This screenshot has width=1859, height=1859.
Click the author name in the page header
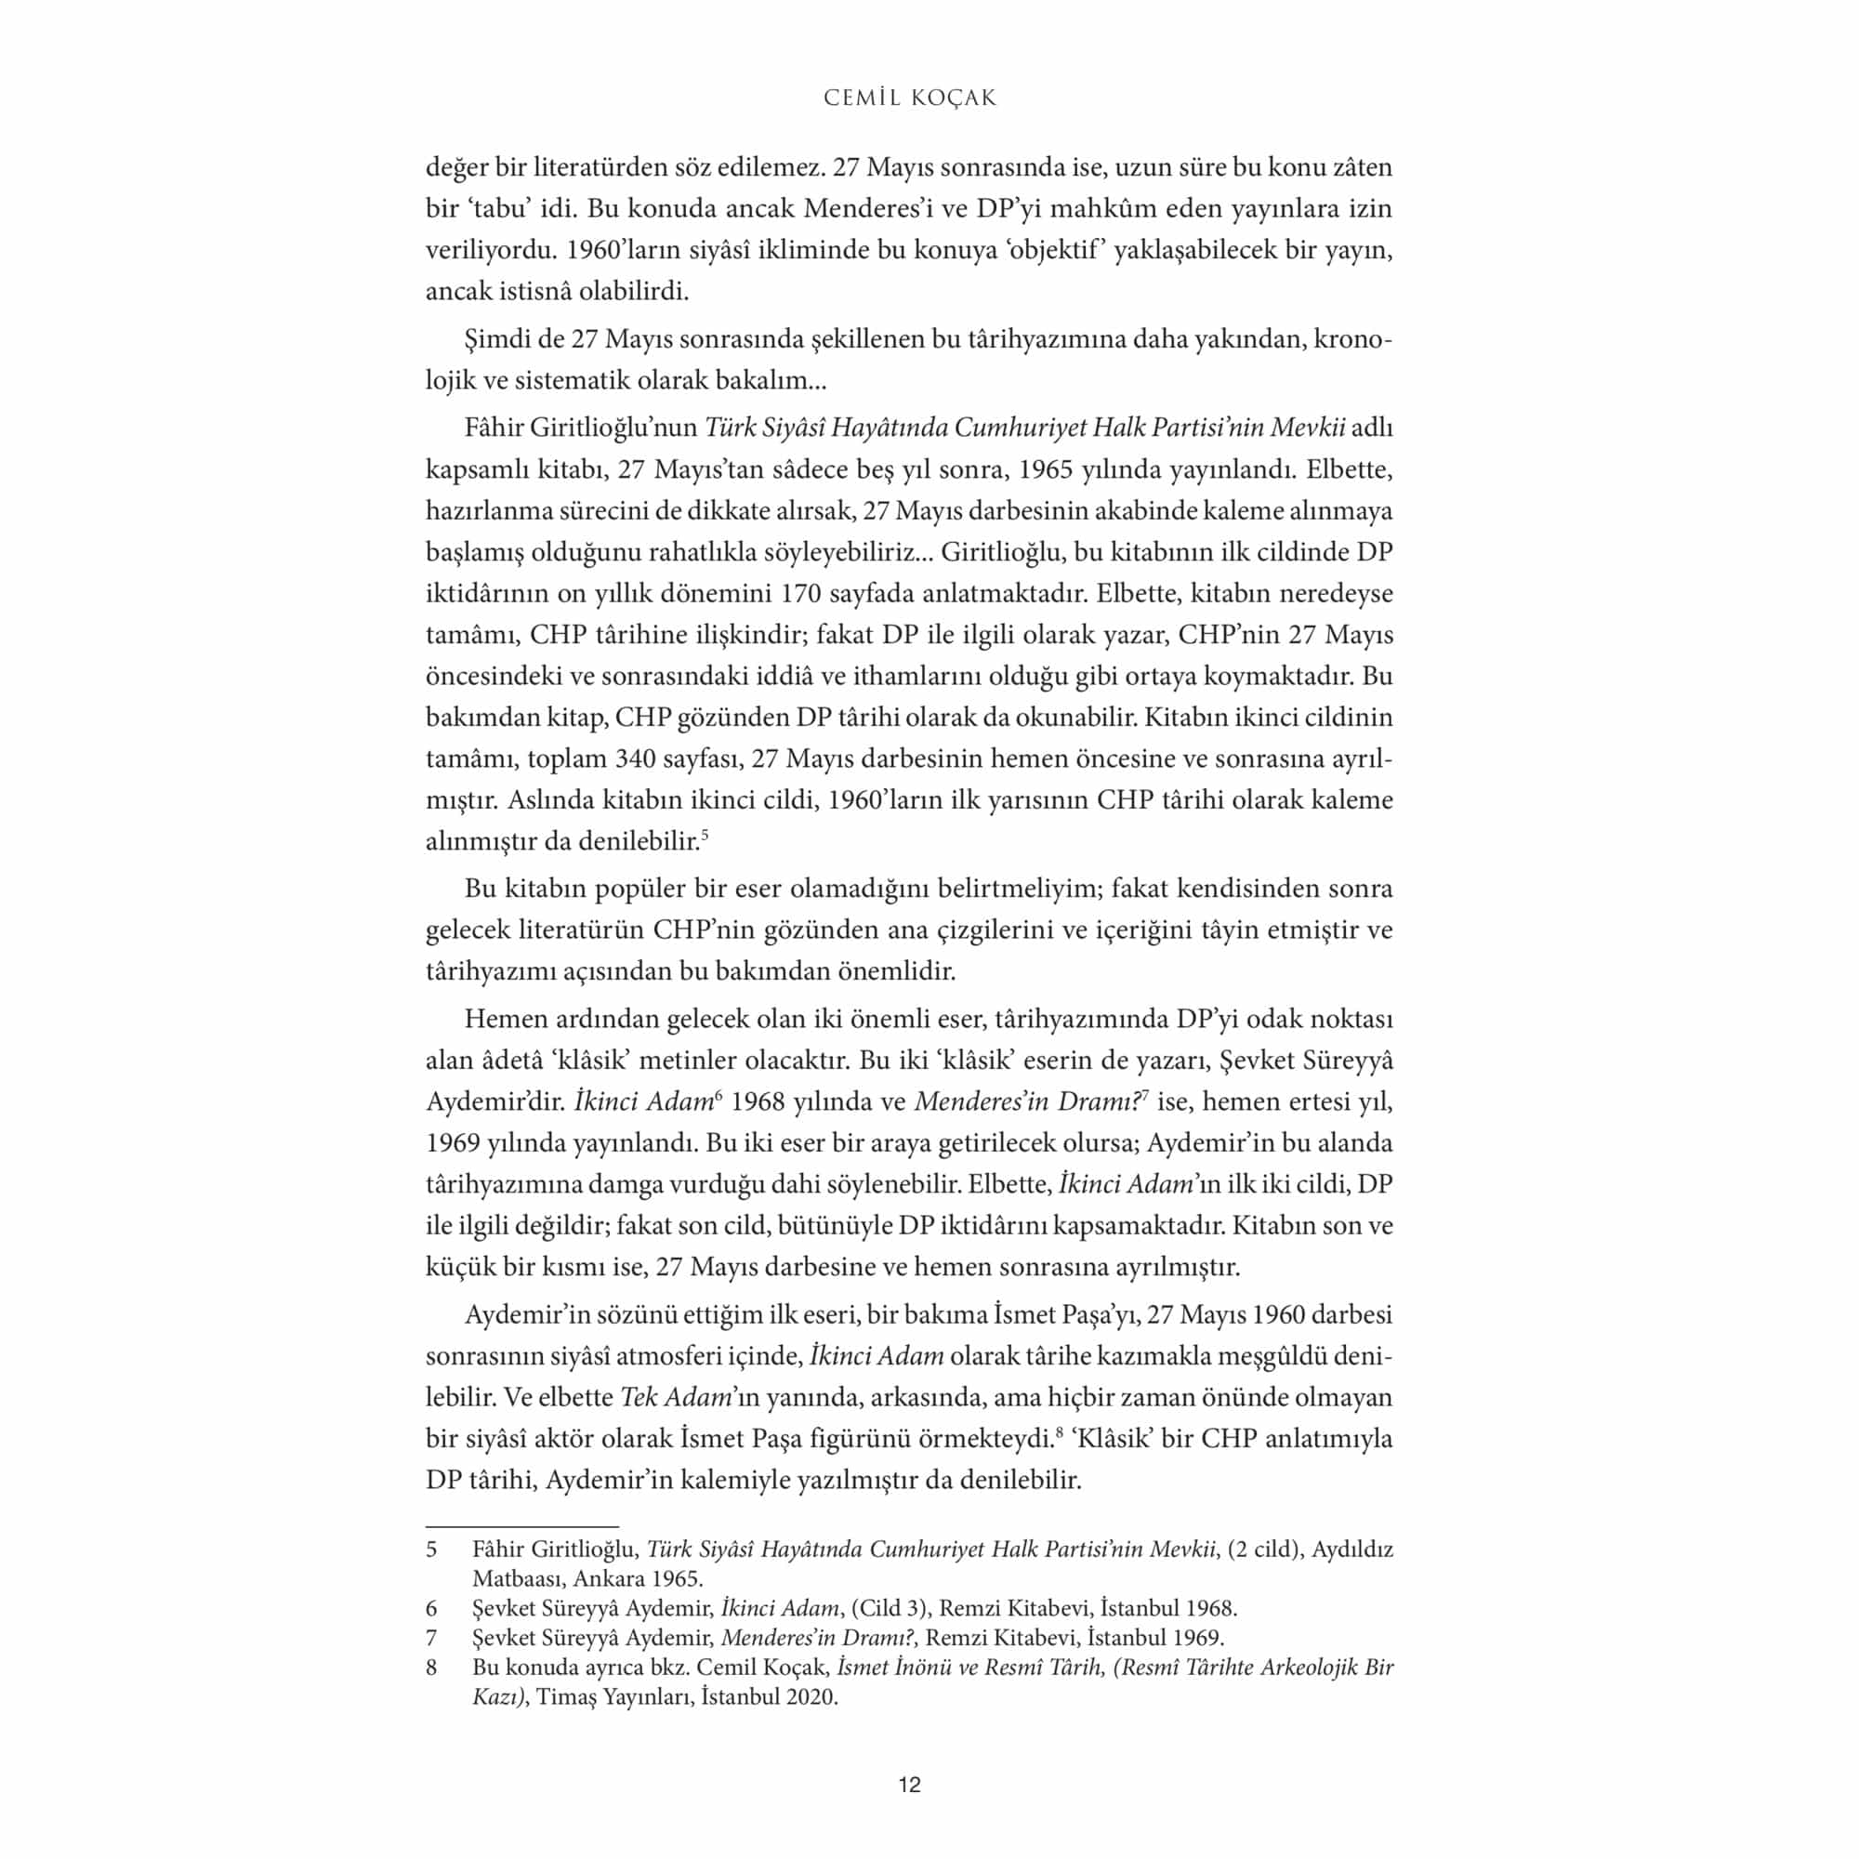(x=909, y=99)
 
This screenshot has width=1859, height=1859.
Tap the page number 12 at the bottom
(x=909, y=1785)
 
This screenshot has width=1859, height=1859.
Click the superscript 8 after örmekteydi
(x=1059, y=1433)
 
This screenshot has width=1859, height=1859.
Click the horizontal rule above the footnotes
(x=521, y=1526)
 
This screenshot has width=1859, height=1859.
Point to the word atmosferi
(x=671, y=1356)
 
